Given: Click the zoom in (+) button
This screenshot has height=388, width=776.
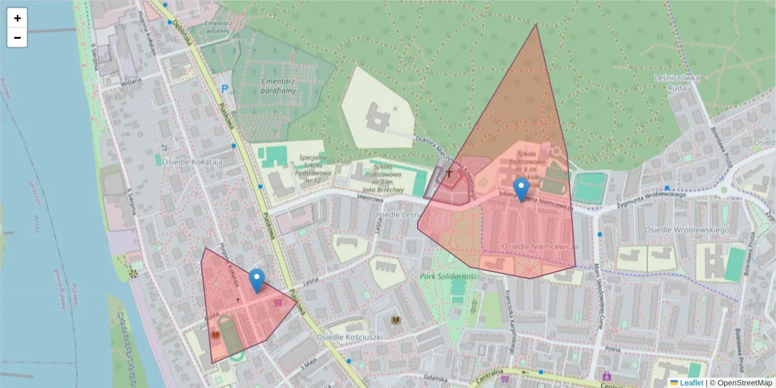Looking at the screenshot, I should point(17,18).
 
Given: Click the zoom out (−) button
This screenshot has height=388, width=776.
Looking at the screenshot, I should point(17,38).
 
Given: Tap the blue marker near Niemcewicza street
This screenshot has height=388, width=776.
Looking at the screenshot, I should point(521,189).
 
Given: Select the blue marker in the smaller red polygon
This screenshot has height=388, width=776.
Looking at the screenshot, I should point(257,281).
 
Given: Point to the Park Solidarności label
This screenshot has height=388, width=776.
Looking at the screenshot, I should point(449,276).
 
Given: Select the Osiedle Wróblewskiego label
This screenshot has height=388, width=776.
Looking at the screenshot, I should point(687,230).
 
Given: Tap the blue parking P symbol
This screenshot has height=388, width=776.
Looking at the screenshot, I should point(225,89).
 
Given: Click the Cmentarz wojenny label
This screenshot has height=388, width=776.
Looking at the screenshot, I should point(217,27).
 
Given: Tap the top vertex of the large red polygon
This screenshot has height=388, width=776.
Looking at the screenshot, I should point(536,25).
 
